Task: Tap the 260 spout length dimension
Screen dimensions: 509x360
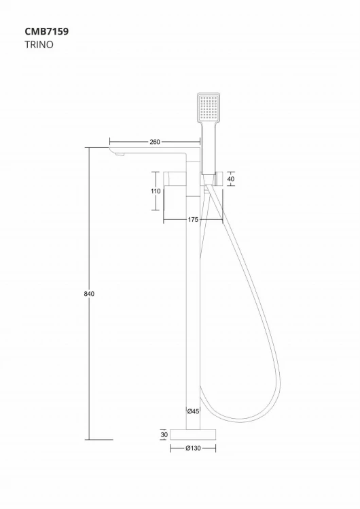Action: click(154, 143)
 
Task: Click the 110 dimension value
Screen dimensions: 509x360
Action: click(156, 192)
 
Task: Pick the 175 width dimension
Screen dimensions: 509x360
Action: click(193, 219)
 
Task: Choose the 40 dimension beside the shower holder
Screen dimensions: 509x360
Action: click(231, 178)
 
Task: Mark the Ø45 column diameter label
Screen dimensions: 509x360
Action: click(193, 411)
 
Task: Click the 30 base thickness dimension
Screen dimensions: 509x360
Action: click(163, 434)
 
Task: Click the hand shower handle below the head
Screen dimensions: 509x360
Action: click(210, 146)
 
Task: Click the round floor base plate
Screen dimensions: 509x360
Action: click(193, 434)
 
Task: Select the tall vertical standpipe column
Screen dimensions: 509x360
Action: click(193, 305)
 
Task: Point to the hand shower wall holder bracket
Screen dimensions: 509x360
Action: click(213, 178)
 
